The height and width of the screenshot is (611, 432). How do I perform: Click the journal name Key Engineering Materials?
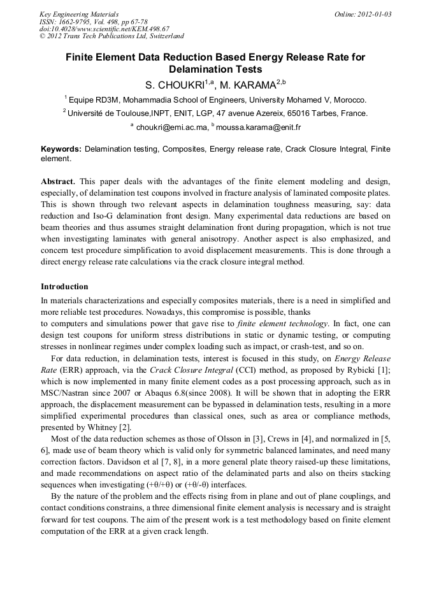coord(79,13)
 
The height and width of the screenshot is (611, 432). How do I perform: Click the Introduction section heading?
coord(64,287)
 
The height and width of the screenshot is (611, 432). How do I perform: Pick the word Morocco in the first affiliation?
coord(349,100)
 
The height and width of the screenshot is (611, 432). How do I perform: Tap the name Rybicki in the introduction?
coord(359,370)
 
